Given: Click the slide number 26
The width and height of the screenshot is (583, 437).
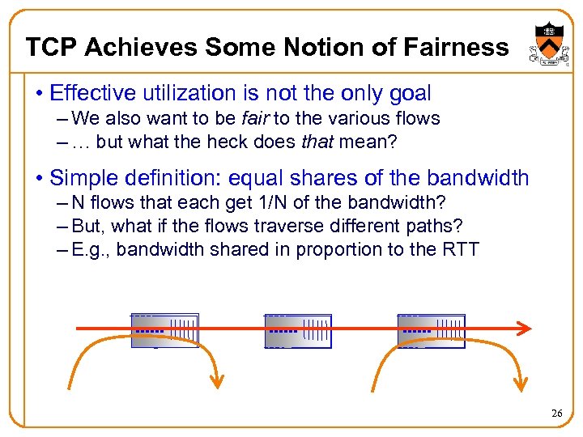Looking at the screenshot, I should pos(556,414).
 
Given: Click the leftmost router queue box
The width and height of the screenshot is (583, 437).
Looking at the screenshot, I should pos(165,330).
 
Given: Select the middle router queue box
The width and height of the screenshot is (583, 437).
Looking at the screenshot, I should pos(298,330).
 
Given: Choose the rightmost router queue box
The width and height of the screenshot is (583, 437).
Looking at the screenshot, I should pos(432,330).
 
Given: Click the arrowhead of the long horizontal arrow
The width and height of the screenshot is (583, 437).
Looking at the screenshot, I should pos(525,329).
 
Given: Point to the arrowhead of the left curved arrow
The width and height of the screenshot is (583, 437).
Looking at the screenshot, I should pos(217,374).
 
